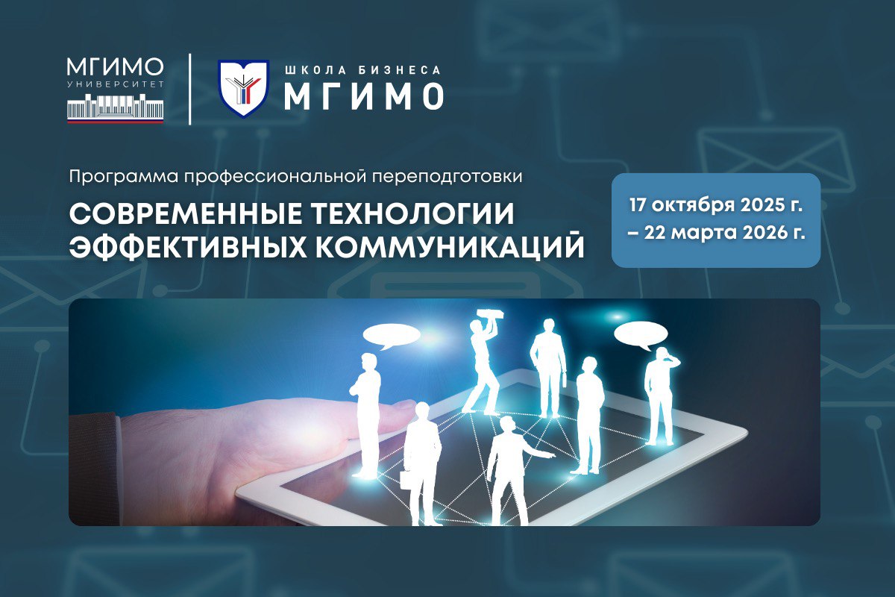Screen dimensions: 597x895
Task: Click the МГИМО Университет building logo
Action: click(x=116, y=89)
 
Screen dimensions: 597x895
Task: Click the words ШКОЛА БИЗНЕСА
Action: click(x=362, y=70)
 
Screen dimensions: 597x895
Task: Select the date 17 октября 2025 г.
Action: click(x=715, y=204)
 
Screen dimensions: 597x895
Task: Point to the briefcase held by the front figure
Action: click(x=406, y=478)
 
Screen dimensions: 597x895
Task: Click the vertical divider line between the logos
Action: click(x=189, y=88)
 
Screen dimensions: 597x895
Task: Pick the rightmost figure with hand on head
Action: click(x=660, y=396)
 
